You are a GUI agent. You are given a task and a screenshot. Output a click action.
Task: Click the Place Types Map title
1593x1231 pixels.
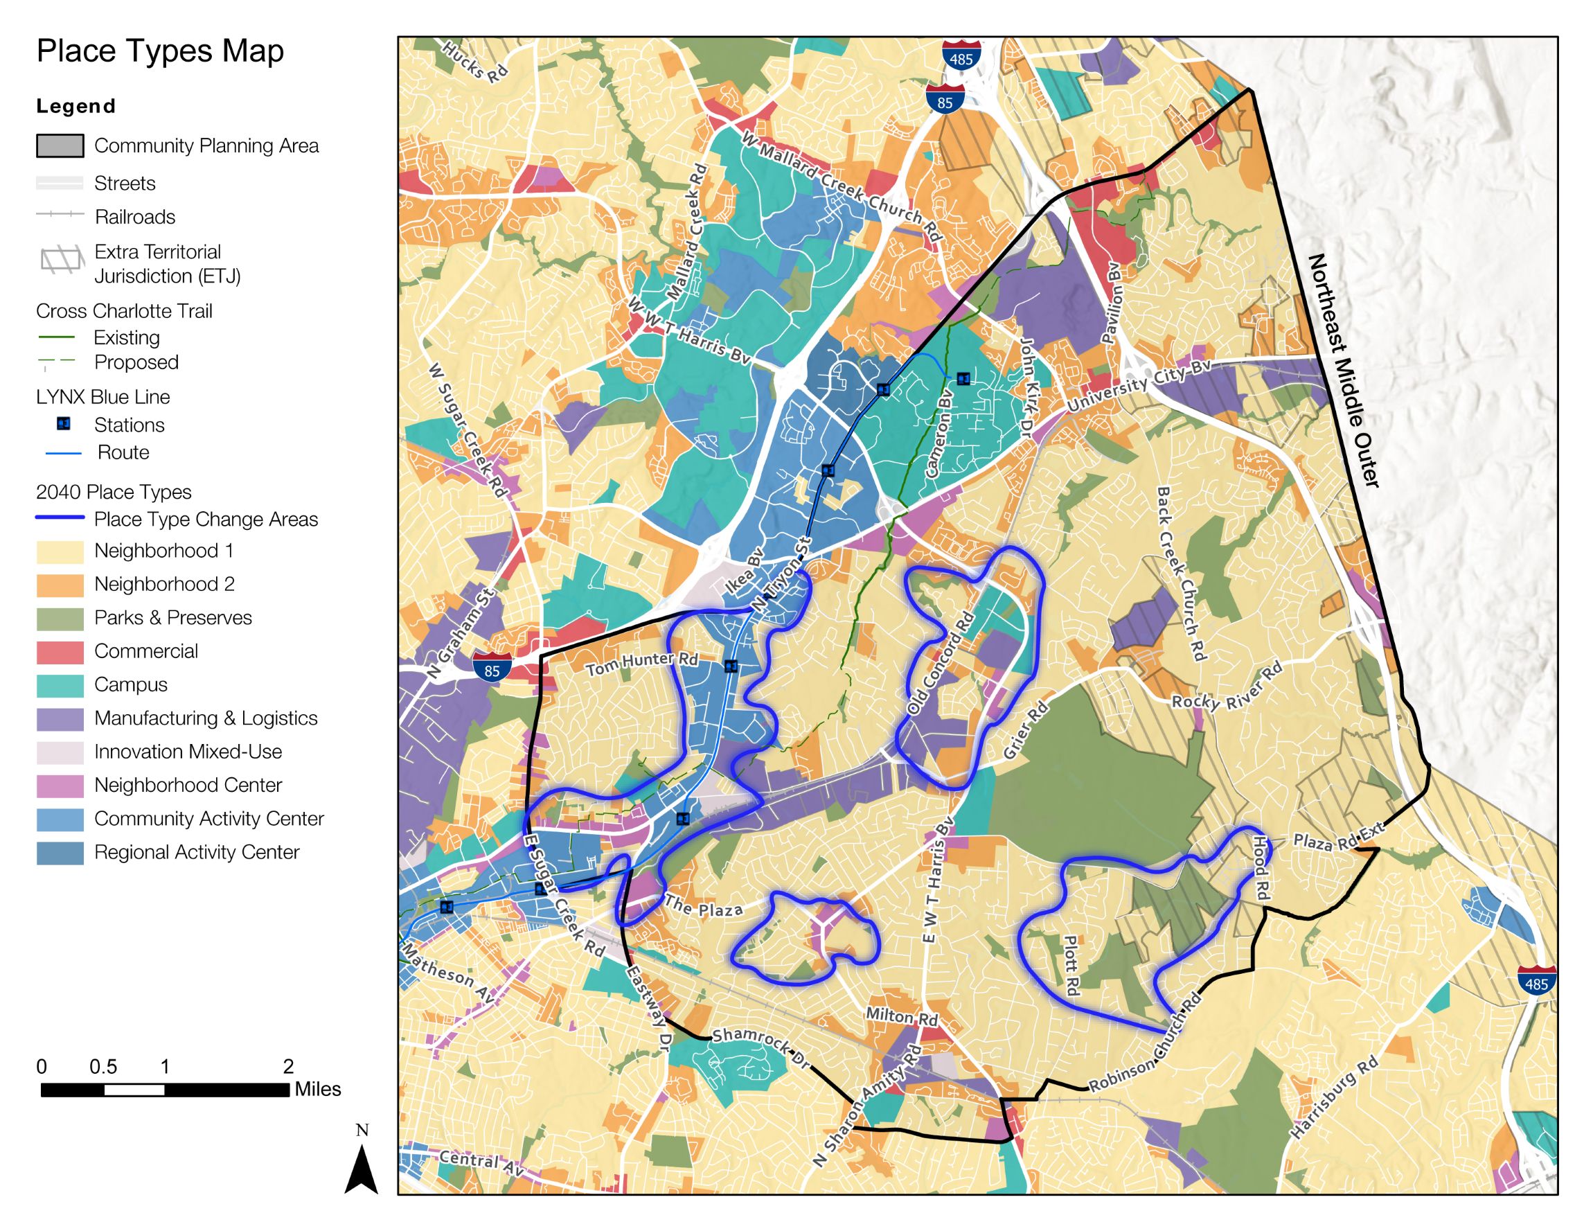tap(160, 51)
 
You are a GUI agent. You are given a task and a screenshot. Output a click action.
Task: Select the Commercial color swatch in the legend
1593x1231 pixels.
tap(60, 652)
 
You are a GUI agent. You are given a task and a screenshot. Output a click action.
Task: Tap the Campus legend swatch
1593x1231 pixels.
tap(60, 685)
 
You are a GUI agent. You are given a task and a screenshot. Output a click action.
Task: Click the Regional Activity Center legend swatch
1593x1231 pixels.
tap(60, 852)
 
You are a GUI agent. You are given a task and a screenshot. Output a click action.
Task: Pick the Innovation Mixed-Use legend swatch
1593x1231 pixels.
tap(60, 752)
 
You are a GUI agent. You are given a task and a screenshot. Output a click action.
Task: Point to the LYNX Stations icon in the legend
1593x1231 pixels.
tap(64, 424)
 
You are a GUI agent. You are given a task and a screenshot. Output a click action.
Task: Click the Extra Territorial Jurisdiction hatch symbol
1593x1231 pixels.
tap(61, 260)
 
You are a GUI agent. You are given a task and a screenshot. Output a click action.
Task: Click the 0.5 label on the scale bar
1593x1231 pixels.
tap(103, 1067)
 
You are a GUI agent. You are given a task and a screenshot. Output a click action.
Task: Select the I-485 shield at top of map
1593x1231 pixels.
tap(961, 56)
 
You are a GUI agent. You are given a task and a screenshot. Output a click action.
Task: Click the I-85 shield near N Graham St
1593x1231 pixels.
tap(492, 668)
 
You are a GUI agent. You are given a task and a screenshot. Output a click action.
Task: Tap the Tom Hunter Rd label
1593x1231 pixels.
tap(642, 662)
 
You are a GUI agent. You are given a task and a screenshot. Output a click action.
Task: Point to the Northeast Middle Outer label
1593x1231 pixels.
tap(1343, 371)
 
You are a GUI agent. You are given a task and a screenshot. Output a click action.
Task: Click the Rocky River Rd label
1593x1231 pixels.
tap(1227, 688)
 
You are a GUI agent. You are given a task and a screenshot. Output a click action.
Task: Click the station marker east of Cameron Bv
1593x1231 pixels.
tap(963, 379)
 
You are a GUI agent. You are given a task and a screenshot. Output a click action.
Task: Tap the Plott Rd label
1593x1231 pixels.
tap(1070, 965)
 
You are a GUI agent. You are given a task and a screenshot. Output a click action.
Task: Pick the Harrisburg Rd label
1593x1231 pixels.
tap(1334, 1097)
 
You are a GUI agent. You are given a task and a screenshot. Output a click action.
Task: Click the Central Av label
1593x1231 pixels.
tap(481, 1162)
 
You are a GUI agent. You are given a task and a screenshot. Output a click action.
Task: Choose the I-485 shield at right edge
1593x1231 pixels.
tap(1537, 980)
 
